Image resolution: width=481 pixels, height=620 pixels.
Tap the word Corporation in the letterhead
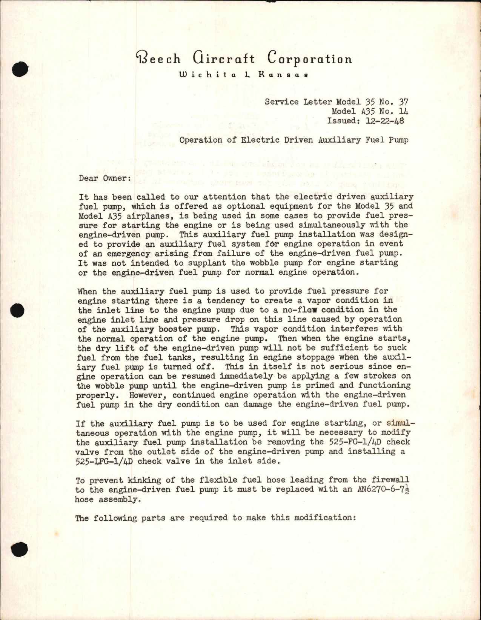[x=310, y=59]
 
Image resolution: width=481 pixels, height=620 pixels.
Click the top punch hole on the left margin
[x=20, y=70]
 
